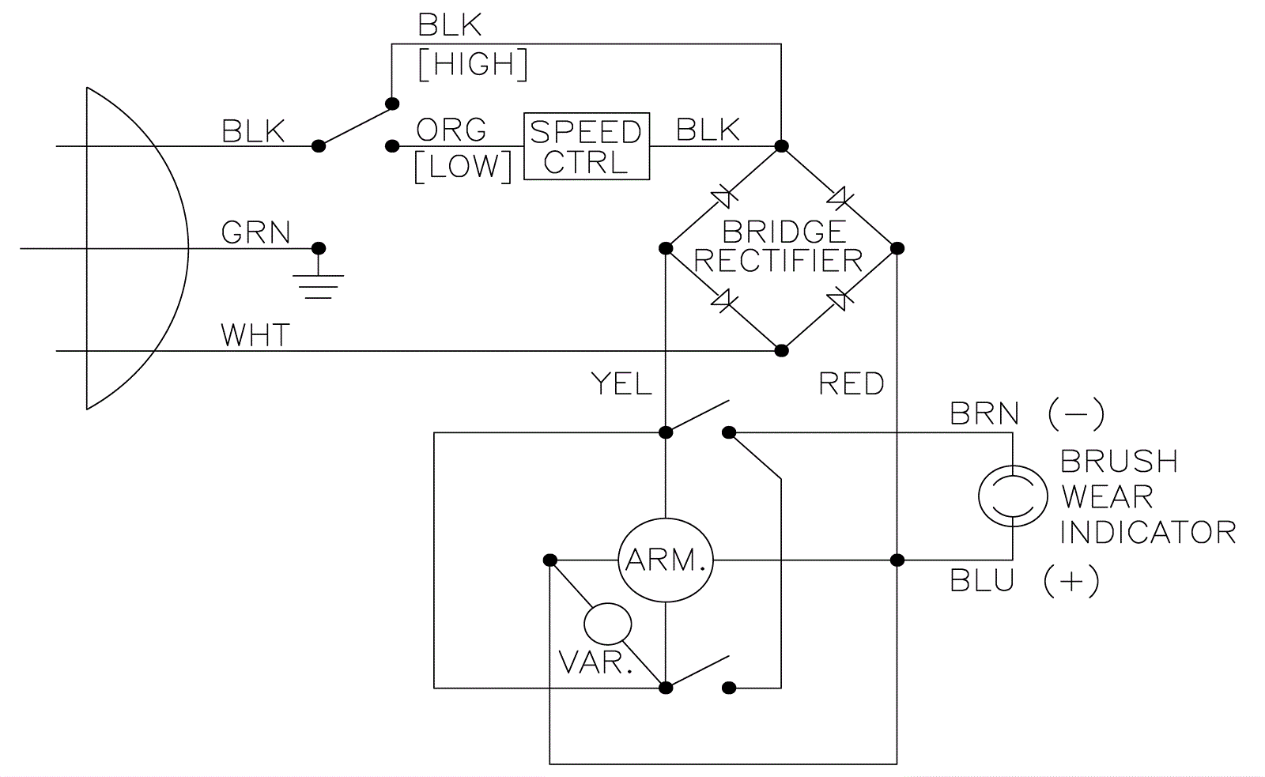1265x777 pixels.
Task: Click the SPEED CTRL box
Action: pos(586,146)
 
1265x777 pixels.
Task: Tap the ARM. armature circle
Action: pos(666,560)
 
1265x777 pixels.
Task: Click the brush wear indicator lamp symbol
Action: pos(1013,496)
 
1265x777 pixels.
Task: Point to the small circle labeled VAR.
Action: pos(607,624)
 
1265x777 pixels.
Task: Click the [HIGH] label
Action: pos(473,65)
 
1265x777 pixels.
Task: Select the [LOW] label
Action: pos(463,166)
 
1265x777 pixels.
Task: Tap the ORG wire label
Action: pos(451,130)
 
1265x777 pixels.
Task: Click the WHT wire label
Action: pos(255,335)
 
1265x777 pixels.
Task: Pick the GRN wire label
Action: pos(256,233)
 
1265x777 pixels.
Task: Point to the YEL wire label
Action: pos(621,384)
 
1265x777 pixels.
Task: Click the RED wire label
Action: pos(852,384)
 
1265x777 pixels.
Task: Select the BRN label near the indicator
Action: pos(984,413)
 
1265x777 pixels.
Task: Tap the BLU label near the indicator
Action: pos(982,581)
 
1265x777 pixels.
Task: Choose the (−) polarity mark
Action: pos(1076,413)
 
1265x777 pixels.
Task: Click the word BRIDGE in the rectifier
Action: pos(784,232)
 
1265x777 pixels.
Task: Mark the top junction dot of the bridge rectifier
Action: pos(781,146)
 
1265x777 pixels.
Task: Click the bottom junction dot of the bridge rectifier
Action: pos(781,350)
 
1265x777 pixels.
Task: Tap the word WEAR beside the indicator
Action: pos(1107,496)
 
